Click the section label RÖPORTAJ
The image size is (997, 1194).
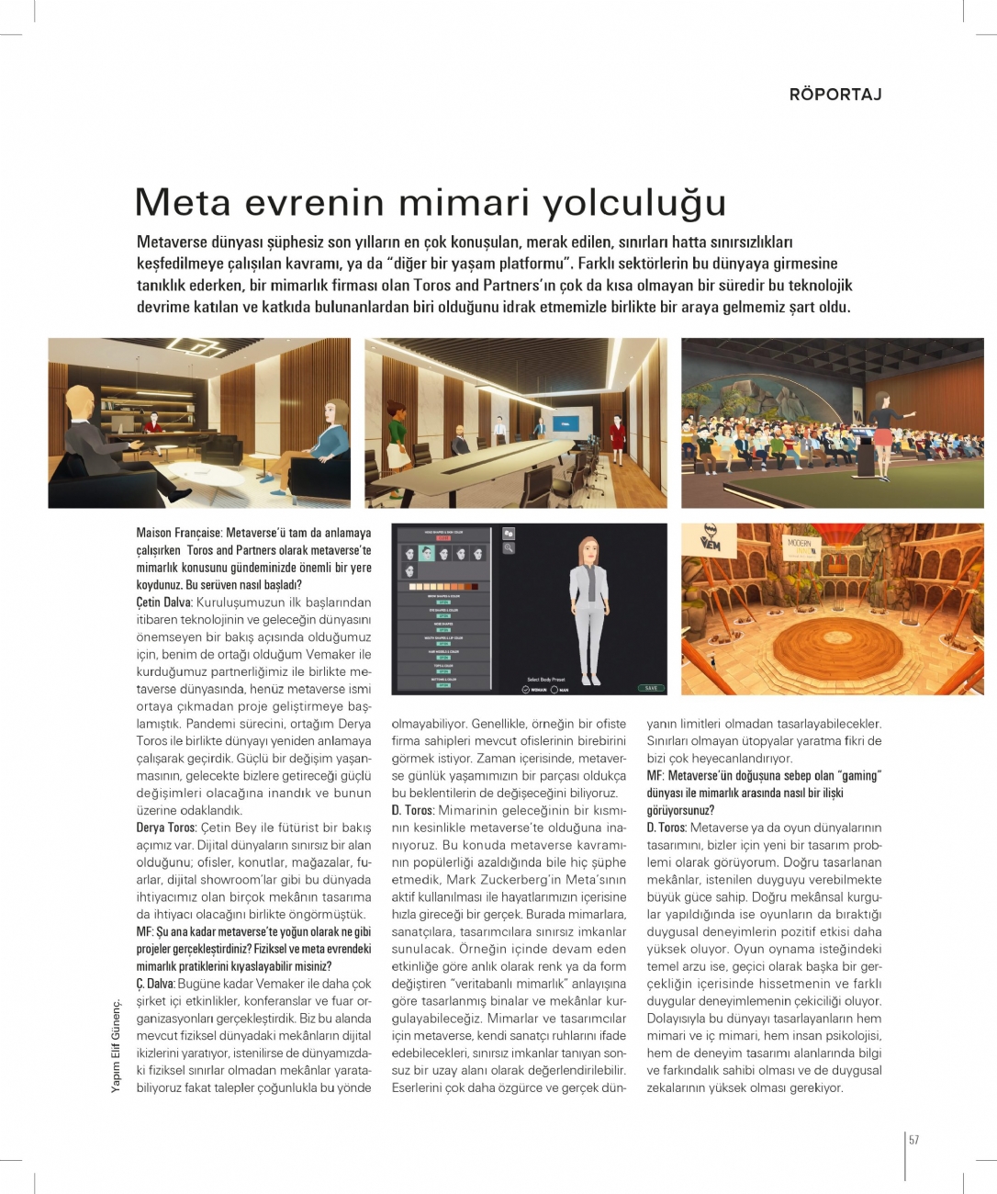point(835,95)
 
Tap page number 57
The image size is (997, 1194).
point(913,1140)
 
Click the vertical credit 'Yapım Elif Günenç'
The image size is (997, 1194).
point(116,1046)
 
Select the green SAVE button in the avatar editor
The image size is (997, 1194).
point(650,688)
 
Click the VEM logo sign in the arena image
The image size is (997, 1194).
point(710,539)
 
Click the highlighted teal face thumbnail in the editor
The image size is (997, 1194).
point(426,553)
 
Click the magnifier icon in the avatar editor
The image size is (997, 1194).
point(509,548)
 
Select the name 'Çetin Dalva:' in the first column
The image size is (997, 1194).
point(163,603)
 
